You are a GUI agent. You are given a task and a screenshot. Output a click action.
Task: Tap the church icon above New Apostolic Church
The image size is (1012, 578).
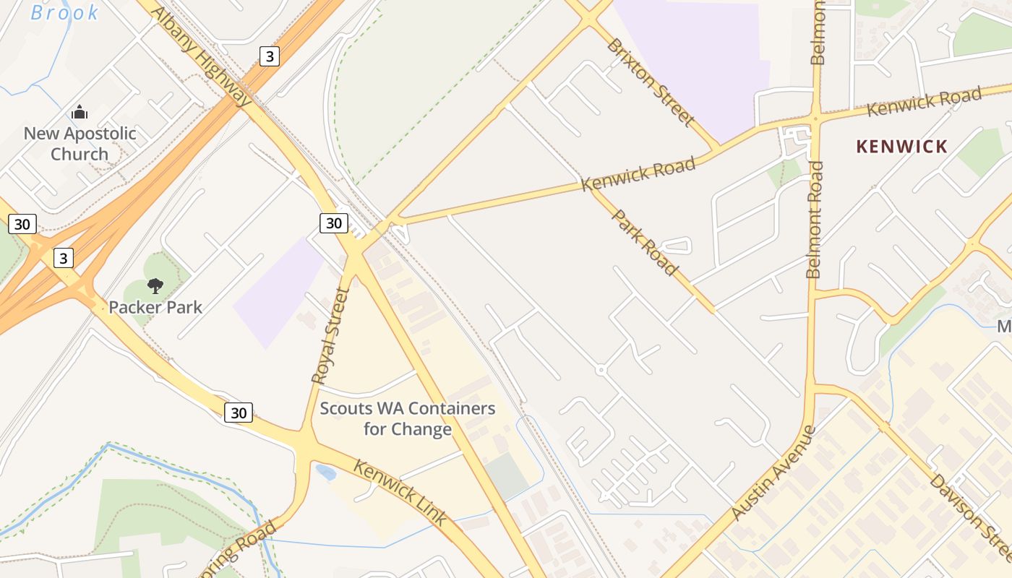tap(80, 112)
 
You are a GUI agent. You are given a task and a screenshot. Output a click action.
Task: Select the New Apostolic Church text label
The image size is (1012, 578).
tap(80, 144)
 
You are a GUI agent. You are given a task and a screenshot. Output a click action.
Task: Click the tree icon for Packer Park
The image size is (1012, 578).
tap(155, 286)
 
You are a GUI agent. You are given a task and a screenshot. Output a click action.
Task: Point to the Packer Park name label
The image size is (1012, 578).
tap(155, 307)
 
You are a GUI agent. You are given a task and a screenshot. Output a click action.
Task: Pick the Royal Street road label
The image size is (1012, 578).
tap(330, 335)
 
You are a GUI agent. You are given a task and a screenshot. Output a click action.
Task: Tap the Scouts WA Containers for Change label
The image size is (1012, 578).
tap(407, 418)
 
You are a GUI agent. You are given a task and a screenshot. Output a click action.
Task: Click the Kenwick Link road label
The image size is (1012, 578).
tap(400, 492)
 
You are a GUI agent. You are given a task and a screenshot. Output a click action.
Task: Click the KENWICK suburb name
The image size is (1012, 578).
tap(901, 147)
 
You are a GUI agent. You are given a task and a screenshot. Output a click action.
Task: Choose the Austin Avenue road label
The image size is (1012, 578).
tap(773, 473)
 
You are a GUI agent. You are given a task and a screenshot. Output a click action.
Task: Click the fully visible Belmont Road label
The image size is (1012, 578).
tap(815, 220)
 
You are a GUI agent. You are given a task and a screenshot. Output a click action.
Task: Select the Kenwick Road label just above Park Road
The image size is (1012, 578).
tap(638, 174)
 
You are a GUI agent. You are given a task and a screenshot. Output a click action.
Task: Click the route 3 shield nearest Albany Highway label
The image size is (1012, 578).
tap(269, 56)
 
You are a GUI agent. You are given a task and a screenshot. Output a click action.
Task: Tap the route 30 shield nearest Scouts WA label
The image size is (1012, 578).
tap(239, 413)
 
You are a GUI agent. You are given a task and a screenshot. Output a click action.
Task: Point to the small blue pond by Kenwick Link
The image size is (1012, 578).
tap(326, 473)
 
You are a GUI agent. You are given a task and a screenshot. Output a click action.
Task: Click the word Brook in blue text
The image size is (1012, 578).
tap(64, 12)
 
